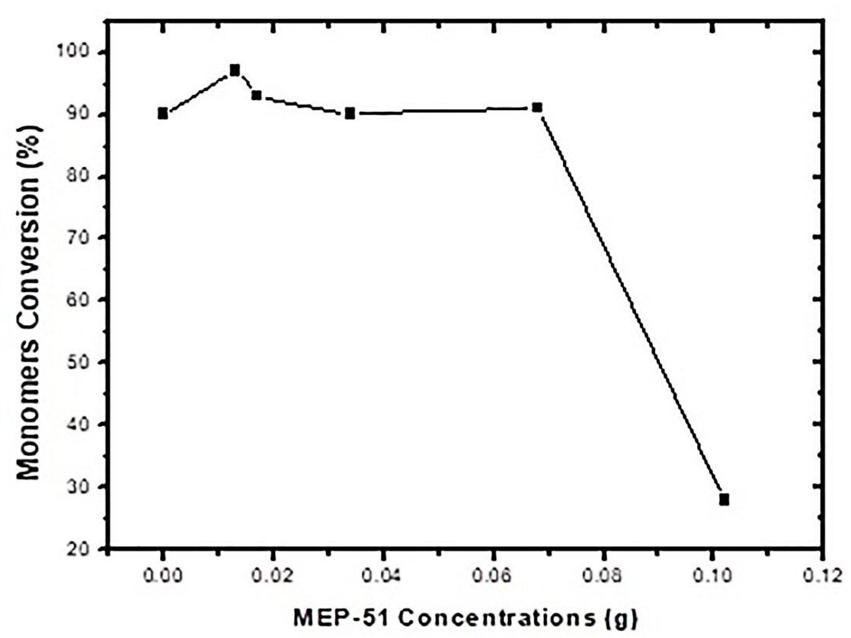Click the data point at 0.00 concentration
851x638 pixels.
coord(163,114)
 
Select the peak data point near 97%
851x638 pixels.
coord(235,70)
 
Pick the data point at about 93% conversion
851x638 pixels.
coord(256,95)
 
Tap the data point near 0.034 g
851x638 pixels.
coord(350,114)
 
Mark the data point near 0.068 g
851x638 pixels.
coord(537,107)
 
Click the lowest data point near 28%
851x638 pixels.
coord(724,500)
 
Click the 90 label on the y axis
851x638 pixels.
coord(82,115)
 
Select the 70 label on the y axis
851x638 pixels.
coord(82,238)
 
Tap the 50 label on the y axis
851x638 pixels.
coord(82,362)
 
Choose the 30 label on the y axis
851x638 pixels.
coord(82,487)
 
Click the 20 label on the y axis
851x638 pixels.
coord(82,549)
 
